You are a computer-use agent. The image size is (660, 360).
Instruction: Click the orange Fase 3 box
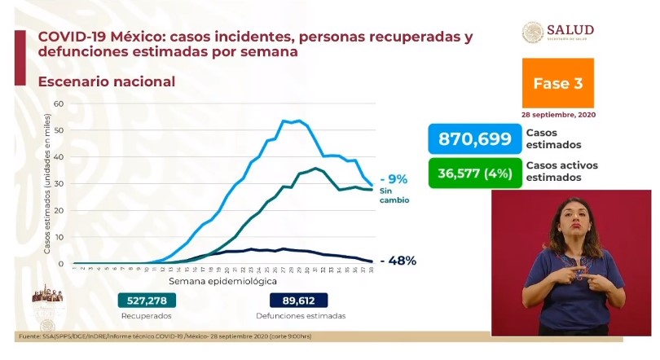557,83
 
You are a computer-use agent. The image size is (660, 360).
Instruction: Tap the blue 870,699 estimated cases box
474,138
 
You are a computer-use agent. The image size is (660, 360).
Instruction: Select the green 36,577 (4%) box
474,173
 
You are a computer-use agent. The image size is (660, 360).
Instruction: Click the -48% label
398,261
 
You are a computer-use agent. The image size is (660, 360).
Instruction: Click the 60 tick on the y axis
58,103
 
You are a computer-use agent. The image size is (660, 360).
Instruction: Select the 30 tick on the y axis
58,183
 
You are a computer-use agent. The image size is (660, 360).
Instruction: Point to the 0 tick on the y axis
60,263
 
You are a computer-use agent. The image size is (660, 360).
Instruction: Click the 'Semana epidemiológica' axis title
222,279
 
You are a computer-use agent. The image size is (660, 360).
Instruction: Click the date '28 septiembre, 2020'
557,115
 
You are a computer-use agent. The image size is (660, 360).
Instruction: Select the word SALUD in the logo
570,30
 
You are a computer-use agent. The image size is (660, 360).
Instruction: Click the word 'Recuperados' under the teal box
147,316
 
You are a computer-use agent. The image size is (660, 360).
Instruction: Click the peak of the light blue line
286,121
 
